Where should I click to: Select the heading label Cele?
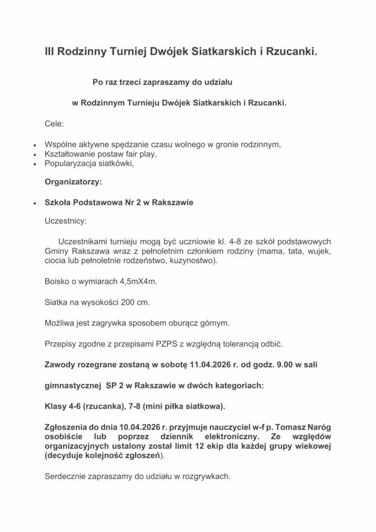[x=55, y=124]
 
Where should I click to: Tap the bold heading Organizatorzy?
[x=73, y=182]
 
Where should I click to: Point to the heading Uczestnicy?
[x=65, y=221]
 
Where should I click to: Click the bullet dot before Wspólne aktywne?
[x=34, y=145]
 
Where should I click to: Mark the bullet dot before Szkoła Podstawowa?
[x=34, y=203]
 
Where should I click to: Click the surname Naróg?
[x=318, y=427]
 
